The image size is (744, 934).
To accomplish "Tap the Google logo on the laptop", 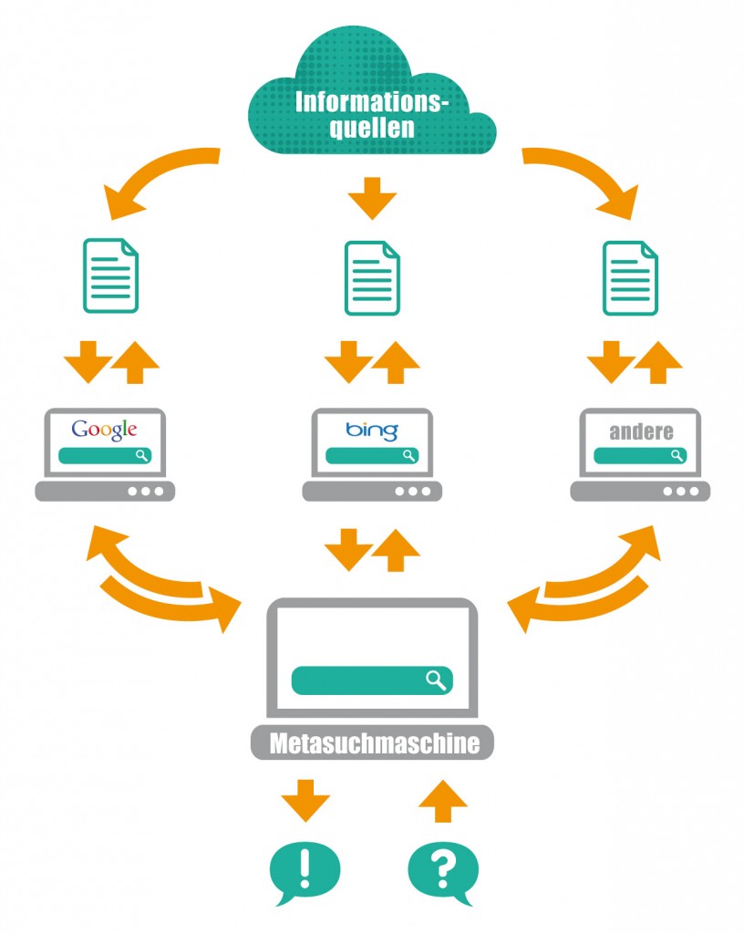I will point(105,430).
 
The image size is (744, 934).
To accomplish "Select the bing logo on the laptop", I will point(372,430).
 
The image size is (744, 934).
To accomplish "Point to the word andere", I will point(642,431).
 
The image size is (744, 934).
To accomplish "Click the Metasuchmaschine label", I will point(373,743).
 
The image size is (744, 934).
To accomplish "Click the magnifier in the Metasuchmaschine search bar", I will point(437,679).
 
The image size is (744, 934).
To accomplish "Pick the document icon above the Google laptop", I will point(110,275).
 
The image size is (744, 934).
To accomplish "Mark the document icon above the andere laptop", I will point(631,275).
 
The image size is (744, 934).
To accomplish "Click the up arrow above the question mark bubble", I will point(443,802).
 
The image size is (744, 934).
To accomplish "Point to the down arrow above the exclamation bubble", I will point(305,800).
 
